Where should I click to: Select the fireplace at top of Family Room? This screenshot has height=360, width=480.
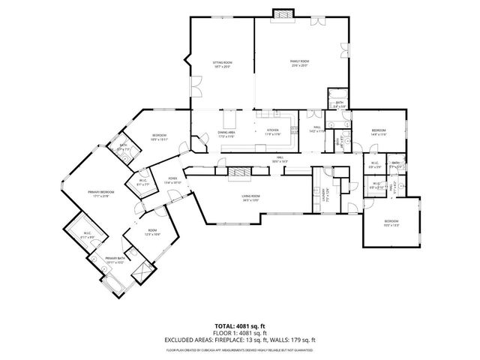tap(283, 14)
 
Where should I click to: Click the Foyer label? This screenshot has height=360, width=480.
tap(172, 180)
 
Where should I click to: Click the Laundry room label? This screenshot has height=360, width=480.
tap(324, 193)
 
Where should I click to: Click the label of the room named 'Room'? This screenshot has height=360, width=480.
tap(152, 233)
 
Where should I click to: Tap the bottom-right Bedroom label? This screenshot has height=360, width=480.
tap(391, 223)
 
